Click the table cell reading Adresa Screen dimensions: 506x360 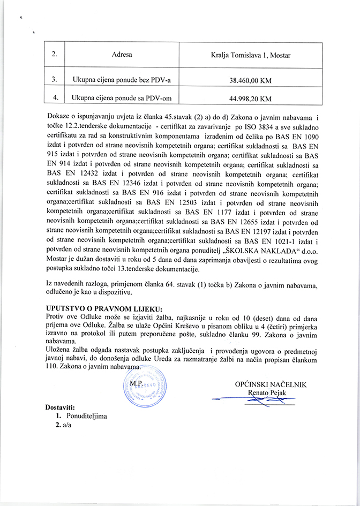(x=122, y=55)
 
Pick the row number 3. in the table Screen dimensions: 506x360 (x=55, y=80)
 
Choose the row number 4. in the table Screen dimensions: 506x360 (x=55, y=98)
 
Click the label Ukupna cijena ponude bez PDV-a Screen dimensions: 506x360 (x=121, y=81)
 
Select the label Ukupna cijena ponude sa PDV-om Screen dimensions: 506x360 (x=121, y=99)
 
